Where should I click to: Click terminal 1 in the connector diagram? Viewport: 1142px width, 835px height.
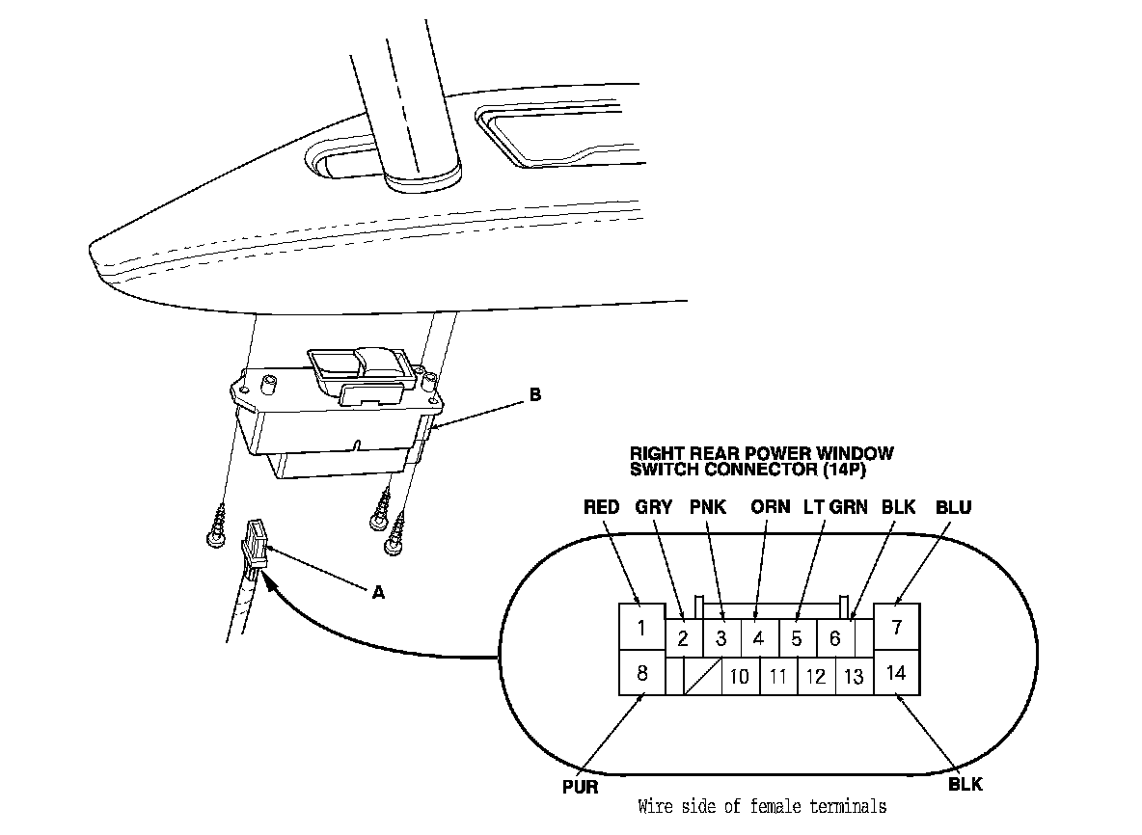tap(641, 629)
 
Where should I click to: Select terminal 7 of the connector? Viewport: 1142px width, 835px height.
tap(896, 628)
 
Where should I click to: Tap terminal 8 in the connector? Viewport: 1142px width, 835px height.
tap(641, 672)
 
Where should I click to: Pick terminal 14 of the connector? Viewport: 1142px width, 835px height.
tap(896, 672)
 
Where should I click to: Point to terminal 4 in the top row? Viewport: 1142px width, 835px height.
tap(758, 638)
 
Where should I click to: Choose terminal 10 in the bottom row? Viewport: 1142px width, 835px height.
tap(740, 676)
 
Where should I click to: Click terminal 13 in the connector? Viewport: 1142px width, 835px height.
tap(854, 676)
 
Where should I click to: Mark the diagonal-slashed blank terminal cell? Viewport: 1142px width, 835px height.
tap(702, 676)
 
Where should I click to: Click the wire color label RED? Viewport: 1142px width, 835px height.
tap(602, 507)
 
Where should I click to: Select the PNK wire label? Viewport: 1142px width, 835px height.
tap(709, 507)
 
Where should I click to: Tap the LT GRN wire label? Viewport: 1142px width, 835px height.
tap(836, 507)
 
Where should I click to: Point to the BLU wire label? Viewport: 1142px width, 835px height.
tap(953, 507)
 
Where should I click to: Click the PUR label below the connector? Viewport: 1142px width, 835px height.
tap(581, 786)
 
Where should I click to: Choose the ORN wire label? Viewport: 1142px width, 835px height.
tap(771, 507)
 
